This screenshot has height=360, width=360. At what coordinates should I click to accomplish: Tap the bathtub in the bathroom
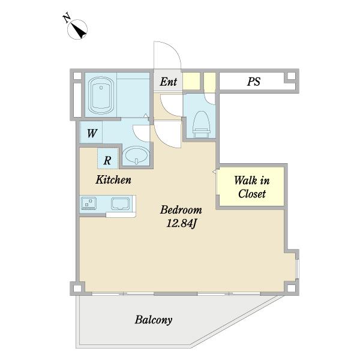pos(101,95)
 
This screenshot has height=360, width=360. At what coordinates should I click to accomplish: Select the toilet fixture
pos(202,124)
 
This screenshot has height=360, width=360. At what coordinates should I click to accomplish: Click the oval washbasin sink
pos(136,155)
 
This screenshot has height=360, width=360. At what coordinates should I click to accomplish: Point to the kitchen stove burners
pos(89,203)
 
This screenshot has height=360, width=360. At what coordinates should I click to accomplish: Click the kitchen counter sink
pos(121,203)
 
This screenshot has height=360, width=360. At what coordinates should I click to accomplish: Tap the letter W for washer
pos(92,133)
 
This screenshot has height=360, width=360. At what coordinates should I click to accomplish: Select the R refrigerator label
pos(107,160)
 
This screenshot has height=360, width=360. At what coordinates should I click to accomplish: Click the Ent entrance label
pos(169,82)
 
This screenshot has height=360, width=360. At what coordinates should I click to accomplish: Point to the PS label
pos(254,82)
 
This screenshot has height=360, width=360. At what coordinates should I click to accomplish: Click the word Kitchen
pos(113,179)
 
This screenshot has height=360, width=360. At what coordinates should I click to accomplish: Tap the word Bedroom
pos(181,209)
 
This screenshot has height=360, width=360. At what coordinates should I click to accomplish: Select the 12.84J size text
pos(181,223)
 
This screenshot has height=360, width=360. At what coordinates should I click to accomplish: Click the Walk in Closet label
pos(252,187)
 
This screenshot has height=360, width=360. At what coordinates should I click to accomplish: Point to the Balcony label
pos(154,320)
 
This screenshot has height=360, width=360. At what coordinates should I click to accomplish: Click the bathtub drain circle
pos(101,88)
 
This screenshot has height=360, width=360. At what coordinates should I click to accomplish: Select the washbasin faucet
pos(137,161)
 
